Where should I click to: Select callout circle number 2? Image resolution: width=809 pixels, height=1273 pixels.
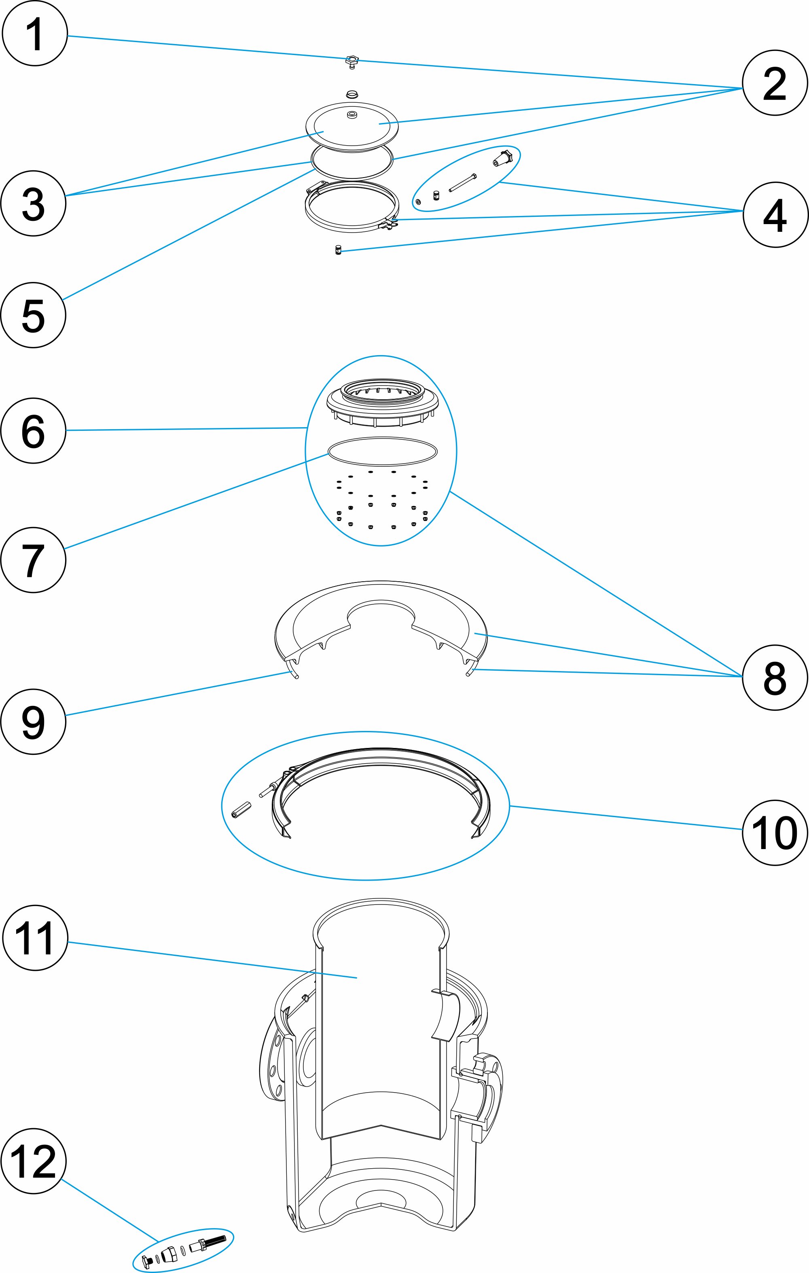775,83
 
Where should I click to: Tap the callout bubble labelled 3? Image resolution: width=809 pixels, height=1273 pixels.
33,203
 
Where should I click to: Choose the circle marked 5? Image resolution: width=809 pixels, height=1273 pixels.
33,315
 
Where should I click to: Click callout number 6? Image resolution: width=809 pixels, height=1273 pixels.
33,430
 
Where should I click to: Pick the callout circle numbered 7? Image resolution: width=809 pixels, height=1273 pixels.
33,560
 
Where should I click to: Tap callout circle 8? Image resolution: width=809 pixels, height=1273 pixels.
775,678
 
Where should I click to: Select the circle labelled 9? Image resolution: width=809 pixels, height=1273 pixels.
33,722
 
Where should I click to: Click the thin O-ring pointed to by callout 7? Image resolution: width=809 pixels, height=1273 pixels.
383,451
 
